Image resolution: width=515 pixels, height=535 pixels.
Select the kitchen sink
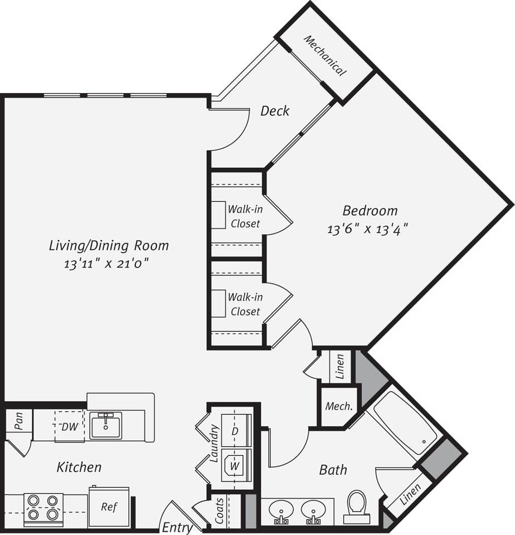(x=105, y=426)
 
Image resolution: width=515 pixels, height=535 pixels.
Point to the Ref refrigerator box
(x=109, y=507)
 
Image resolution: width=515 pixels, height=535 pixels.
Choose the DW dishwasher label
(x=69, y=427)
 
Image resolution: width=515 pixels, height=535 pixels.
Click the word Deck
(x=275, y=111)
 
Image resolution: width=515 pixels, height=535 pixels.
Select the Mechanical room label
(x=325, y=56)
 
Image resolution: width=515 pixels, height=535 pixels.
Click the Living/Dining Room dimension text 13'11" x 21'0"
(x=109, y=263)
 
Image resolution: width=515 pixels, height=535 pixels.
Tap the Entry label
(x=177, y=527)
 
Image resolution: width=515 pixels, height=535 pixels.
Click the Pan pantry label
(x=18, y=424)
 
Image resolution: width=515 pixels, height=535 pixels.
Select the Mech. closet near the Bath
(x=338, y=406)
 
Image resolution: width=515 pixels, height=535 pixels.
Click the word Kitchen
(x=79, y=467)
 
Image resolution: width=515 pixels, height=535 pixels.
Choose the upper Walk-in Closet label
(x=245, y=217)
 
